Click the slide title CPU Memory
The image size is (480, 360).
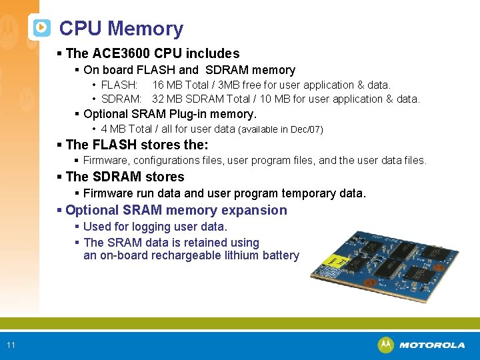click(x=121, y=29)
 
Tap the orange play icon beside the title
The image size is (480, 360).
click(x=41, y=28)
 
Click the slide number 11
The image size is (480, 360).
click(x=11, y=345)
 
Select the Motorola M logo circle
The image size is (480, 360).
click(x=385, y=345)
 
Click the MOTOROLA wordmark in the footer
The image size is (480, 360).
click(x=432, y=345)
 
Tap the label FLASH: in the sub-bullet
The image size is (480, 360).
click(x=119, y=85)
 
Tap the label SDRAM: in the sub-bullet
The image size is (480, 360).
click(x=121, y=99)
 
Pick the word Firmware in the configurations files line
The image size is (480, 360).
click(x=107, y=160)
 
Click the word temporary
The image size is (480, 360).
click(x=311, y=193)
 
